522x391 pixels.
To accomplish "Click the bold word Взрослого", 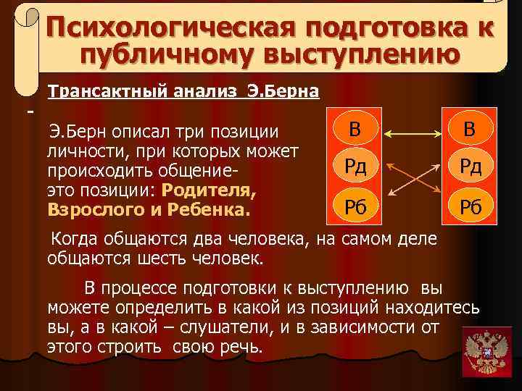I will [92, 210].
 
